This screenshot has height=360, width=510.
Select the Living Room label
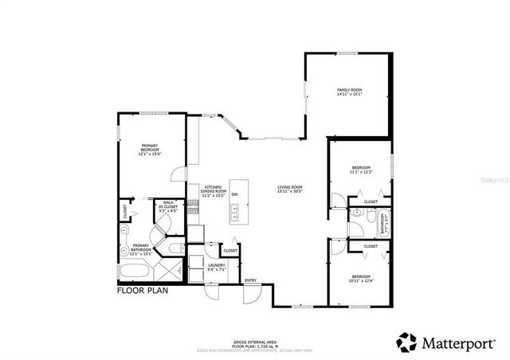click(289, 190)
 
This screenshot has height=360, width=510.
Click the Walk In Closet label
click(169, 207)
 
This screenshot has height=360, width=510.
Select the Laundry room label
click(217, 268)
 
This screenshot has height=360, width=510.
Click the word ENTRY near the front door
click(250, 280)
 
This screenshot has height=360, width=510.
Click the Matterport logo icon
click(406, 342)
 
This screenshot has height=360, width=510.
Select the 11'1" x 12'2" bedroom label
click(361, 170)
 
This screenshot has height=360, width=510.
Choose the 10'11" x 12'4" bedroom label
click(361, 279)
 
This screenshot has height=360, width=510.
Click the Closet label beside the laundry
click(229, 251)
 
